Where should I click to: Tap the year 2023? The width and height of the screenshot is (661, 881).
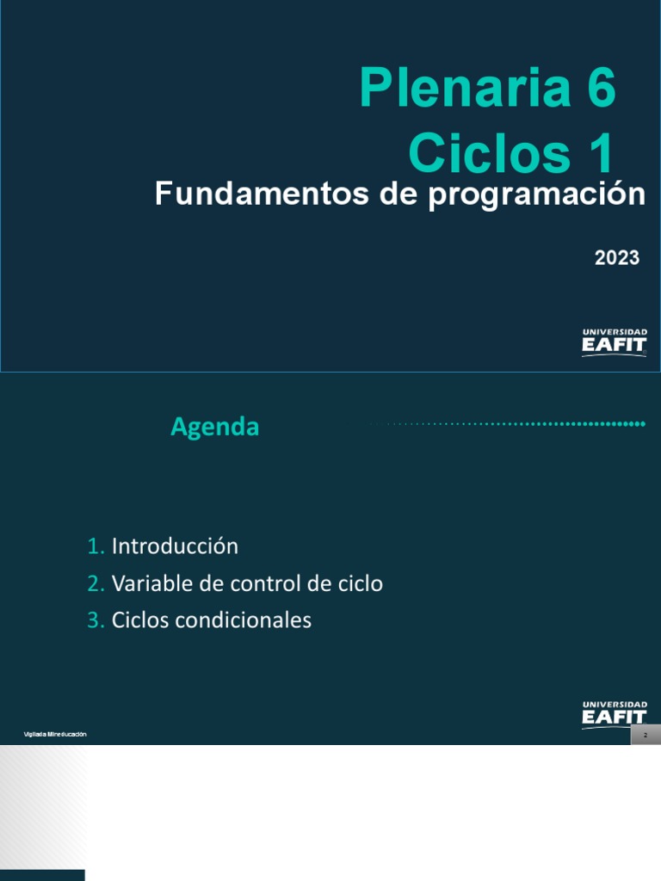(616, 257)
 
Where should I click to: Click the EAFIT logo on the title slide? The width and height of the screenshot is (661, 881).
(615, 342)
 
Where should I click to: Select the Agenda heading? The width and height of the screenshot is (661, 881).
(214, 427)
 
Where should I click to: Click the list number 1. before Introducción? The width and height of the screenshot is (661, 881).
(96, 546)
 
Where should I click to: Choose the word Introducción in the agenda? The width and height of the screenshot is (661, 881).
(175, 546)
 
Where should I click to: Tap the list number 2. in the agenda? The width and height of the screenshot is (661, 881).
(96, 583)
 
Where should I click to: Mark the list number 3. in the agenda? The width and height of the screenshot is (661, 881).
(96, 620)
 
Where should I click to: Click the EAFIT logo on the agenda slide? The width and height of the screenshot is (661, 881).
(615, 714)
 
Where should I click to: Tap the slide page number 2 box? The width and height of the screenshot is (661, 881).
(645, 736)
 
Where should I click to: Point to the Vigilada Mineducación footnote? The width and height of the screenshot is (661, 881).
(55, 734)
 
